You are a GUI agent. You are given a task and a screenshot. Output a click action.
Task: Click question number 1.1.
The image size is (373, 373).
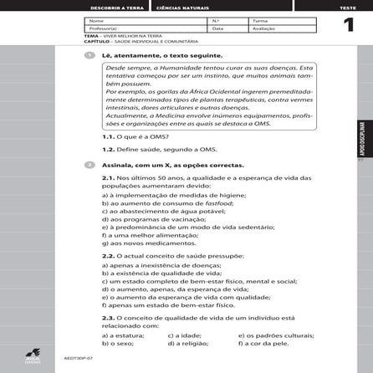point(108,135)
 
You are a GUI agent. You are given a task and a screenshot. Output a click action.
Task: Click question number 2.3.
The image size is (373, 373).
point(108,319)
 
